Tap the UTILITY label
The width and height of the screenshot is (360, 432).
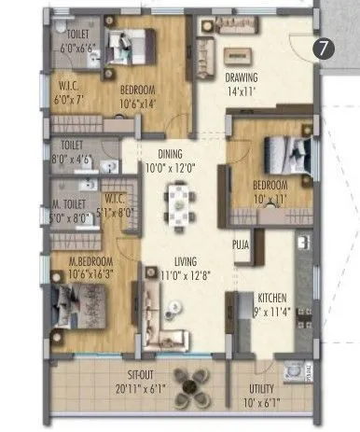point(267,387)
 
